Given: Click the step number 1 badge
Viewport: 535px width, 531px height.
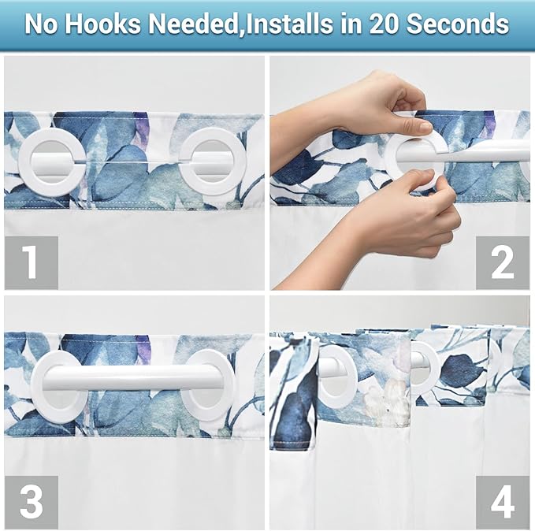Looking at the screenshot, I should pyautogui.click(x=31, y=262).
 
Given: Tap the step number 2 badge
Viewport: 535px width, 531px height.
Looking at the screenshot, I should pyautogui.click(x=502, y=262).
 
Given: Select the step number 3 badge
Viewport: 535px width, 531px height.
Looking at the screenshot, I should pyautogui.click(x=31, y=501).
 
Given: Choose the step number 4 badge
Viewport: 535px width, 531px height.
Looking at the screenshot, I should pyautogui.click(x=502, y=501).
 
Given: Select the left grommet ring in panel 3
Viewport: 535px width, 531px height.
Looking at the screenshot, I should pyautogui.click(x=59, y=384).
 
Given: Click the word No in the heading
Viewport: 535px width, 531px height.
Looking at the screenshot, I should pyautogui.click(x=43, y=24).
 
